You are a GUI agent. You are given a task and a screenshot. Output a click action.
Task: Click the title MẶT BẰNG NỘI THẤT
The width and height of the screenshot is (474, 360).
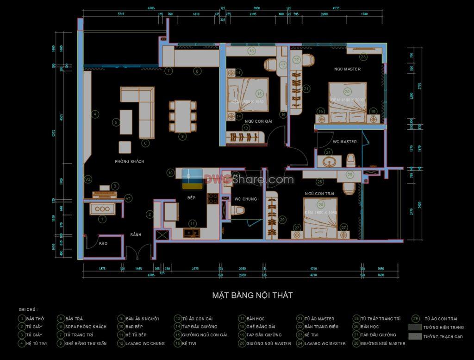pyautogui.click(x=252, y=295)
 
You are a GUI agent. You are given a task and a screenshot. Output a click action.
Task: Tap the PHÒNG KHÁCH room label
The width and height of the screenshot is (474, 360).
pyautogui.click(x=130, y=161)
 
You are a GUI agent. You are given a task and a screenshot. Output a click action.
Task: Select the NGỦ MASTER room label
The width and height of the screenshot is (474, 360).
pyautogui.click(x=347, y=69)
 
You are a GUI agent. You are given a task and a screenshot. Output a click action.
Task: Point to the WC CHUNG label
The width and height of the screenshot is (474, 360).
pyautogui.click(x=245, y=199)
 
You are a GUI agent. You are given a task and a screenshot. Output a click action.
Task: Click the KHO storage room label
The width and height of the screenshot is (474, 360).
pyautogui.click(x=103, y=243)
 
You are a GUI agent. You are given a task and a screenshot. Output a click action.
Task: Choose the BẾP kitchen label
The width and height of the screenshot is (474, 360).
pyautogui.click(x=191, y=197)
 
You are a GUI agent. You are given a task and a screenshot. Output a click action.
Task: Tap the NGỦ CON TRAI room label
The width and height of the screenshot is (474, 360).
pyautogui.click(x=319, y=194)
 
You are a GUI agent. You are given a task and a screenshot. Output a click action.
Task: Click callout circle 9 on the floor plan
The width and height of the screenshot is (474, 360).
pyautogui.click(x=183, y=136)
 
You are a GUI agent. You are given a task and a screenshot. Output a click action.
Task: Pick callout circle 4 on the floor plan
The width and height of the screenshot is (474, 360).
pyautogui.click(x=94, y=114)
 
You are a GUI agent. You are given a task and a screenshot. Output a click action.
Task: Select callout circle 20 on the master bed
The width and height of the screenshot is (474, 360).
pyautogui.click(x=347, y=92)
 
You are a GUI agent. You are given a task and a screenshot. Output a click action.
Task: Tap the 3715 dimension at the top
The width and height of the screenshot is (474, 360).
pyautogui.click(x=121, y=14)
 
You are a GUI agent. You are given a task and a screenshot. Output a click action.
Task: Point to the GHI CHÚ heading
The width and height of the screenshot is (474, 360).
pyautogui.click(x=28, y=309)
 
